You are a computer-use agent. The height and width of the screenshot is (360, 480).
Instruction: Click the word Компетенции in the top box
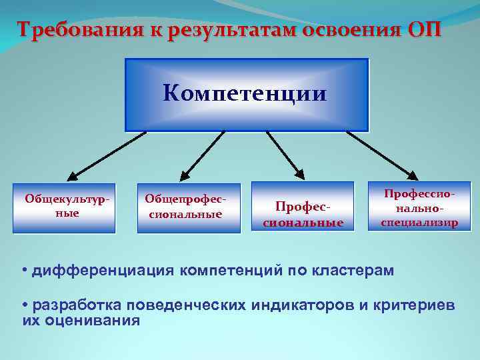pos(245,93)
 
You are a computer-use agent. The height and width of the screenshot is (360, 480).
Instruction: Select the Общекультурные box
pos(64,207)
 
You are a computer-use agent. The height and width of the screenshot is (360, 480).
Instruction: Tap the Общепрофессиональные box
pos(189,207)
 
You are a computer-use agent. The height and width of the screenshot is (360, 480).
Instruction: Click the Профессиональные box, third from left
pos(303,215)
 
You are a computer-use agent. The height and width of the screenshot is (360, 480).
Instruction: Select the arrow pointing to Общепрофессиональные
pos(203,154)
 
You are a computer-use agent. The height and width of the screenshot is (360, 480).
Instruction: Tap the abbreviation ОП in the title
pos(422,30)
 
